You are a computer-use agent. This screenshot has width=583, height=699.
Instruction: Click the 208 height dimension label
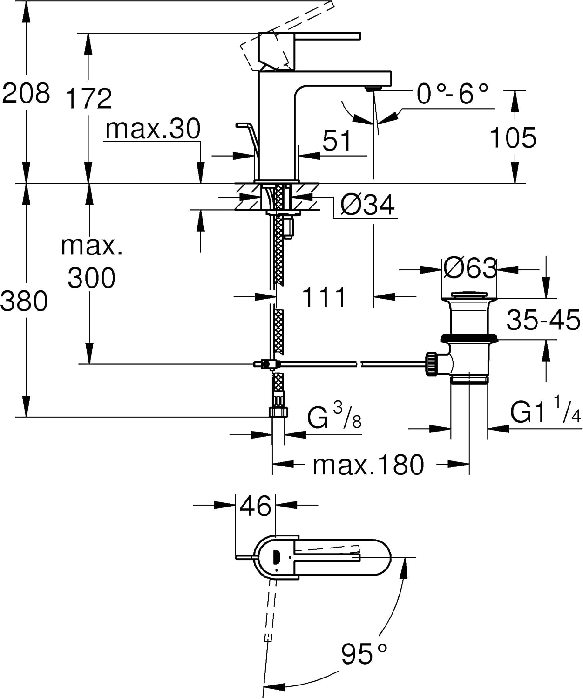[26, 93]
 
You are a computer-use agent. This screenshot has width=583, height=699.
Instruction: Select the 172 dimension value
[88, 98]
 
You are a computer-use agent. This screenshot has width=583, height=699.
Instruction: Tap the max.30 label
[153, 129]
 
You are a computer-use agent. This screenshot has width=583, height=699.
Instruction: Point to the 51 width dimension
[337, 141]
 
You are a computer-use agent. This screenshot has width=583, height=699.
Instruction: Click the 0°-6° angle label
[453, 94]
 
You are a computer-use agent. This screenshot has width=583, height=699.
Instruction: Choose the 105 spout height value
[513, 137]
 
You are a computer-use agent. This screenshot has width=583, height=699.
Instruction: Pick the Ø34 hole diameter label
[367, 205]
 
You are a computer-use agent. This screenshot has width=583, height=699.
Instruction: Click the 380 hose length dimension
[24, 301]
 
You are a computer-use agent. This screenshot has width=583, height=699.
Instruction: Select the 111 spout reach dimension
[324, 297]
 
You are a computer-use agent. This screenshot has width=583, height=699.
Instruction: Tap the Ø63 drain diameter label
[469, 268]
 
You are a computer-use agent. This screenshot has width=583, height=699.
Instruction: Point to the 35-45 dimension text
[543, 320]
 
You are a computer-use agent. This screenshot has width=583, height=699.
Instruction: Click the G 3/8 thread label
[334, 416]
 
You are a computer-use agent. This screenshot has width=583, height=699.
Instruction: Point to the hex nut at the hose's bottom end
[278, 411]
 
